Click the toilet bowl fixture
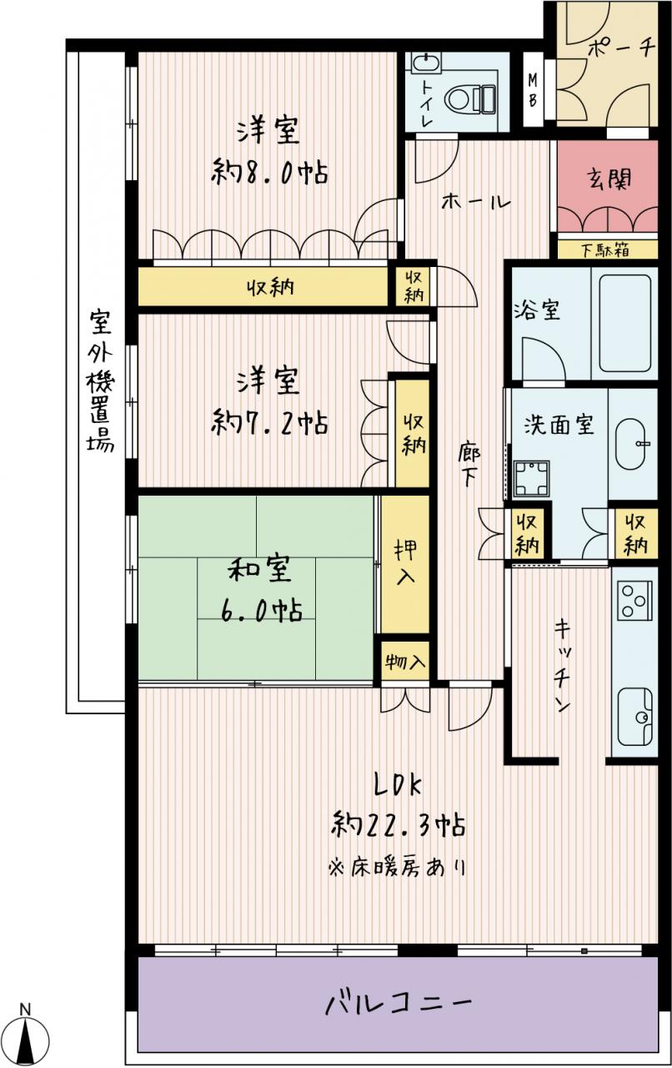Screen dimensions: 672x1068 point(470,99)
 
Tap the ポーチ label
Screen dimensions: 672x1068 point(621,48)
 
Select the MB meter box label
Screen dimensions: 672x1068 point(533,89)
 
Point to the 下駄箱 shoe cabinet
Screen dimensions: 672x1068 point(608,249)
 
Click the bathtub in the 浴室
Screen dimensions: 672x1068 point(624,323)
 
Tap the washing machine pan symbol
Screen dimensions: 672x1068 point(531,477)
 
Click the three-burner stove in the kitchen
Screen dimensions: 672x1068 point(634,601)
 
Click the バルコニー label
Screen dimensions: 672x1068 point(399,1000)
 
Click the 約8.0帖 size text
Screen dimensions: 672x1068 point(269,172)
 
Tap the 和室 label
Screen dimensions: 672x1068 point(260,570)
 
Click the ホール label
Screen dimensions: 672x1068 point(477,203)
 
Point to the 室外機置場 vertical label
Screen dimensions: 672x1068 point(99,380)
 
